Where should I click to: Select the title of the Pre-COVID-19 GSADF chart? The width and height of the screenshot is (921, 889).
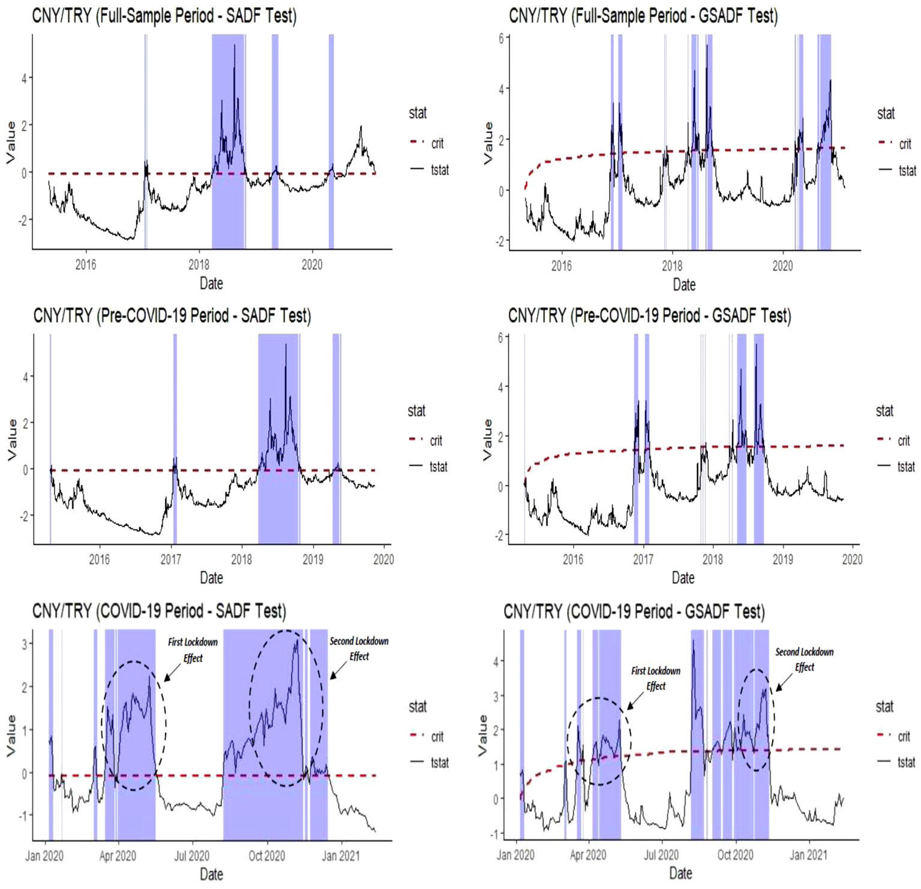tap(649, 316)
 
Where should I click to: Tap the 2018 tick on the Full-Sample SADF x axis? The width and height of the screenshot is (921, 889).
tap(199, 265)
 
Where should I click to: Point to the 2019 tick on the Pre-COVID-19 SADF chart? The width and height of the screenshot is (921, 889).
tap(313, 560)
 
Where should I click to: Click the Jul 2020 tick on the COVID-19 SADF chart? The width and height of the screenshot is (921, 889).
tap(191, 855)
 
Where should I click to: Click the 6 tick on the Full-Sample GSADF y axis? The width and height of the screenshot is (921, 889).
tap(502, 38)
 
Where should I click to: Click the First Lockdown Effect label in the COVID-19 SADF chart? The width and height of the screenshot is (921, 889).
tap(193, 650)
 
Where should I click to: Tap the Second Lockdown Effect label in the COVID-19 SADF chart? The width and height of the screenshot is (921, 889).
tap(359, 648)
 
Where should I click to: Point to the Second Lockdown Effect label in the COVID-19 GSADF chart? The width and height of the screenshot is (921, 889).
tap(804, 659)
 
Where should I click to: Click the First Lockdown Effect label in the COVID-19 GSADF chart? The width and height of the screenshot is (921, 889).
tap(656, 678)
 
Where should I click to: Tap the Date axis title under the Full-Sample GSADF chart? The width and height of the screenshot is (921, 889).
tap(684, 284)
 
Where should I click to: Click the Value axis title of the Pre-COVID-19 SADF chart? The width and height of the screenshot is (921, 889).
tap(12, 439)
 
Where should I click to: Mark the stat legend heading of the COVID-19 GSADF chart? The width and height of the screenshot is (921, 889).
tap(884, 707)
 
